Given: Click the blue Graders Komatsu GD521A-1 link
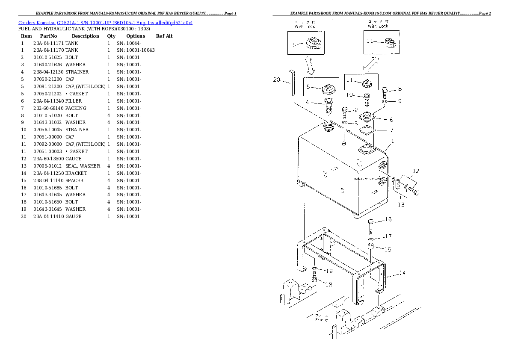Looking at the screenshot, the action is click(105, 22).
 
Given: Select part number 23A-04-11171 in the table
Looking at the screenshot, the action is click(48, 43).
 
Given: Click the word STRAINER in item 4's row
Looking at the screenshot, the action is click(77, 72).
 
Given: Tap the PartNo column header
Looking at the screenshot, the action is click(48, 36).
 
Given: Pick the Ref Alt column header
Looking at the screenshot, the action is click(164, 36).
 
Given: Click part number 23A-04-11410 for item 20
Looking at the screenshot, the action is click(48, 216).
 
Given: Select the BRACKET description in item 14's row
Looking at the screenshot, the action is click(76, 173).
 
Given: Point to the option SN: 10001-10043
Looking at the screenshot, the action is click(136, 50).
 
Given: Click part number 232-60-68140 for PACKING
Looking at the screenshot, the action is click(48, 108).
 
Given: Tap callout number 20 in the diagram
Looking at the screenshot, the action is click(276, 80).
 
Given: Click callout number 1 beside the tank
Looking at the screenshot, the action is click(393, 141).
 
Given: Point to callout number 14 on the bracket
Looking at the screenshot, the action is click(402, 272).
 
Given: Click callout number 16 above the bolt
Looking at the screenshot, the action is click(388, 219).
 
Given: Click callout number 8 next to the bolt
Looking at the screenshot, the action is click(400, 89).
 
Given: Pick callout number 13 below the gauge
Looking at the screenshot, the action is click(400, 204).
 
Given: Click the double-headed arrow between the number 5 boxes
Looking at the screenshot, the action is click(311, 66).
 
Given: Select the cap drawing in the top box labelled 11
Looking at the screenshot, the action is click(390, 42).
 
